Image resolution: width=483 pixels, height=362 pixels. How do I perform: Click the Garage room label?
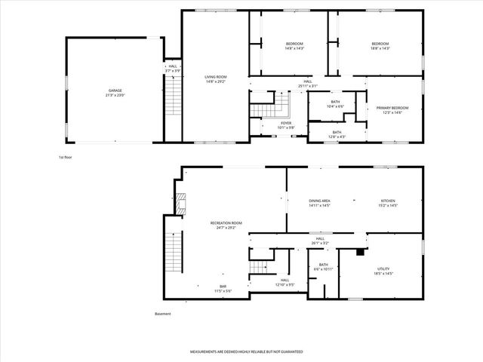(115, 93)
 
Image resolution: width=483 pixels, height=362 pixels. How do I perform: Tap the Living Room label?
(216, 79)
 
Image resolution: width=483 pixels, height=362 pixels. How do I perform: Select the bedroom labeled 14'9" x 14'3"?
(294, 46)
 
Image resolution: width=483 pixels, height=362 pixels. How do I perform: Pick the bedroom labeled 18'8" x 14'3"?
(379, 46)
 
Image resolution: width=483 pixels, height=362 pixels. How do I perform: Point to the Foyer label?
(286, 124)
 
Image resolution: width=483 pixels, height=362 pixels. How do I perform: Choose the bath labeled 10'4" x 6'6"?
(335, 104)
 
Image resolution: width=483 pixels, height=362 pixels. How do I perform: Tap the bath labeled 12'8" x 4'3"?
(337, 134)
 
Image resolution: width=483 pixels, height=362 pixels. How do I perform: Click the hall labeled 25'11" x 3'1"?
(308, 84)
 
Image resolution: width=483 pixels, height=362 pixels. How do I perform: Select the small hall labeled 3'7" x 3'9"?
(172, 68)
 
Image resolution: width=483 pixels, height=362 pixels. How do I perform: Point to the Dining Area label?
(320, 203)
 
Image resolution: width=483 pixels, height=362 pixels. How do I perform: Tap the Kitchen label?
(387, 203)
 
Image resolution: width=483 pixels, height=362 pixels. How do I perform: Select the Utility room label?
(383, 271)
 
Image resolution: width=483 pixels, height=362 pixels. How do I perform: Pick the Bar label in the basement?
(223, 288)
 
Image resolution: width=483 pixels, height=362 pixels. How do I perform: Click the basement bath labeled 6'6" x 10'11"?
(323, 266)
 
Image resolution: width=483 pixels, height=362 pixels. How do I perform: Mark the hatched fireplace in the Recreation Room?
(180, 201)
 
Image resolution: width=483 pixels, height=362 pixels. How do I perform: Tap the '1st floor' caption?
(66, 158)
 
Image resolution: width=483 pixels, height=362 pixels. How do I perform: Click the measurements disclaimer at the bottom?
(246, 352)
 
